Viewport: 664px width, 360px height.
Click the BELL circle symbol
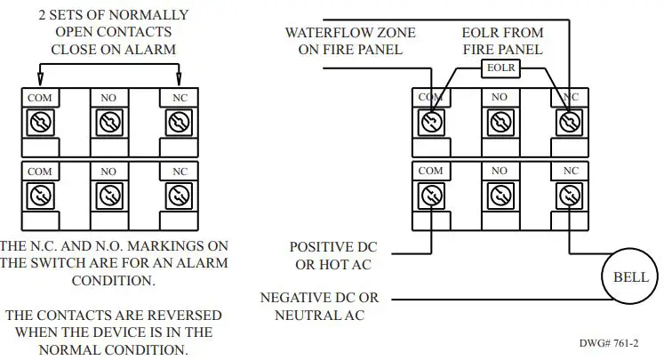click(x=631, y=277)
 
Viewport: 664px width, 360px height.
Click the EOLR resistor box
click(x=500, y=68)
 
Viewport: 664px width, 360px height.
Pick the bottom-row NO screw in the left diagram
click(x=108, y=194)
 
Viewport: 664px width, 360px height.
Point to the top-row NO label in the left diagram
click(x=108, y=97)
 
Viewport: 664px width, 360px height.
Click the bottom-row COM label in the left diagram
click(x=38, y=171)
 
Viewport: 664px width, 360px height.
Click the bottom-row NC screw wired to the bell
click(x=570, y=194)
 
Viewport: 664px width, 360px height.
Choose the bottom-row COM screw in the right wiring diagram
click(x=430, y=194)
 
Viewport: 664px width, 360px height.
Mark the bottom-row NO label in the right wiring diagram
click(x=500, y=170)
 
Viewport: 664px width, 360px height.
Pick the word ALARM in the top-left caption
click(x=152, y=50)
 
